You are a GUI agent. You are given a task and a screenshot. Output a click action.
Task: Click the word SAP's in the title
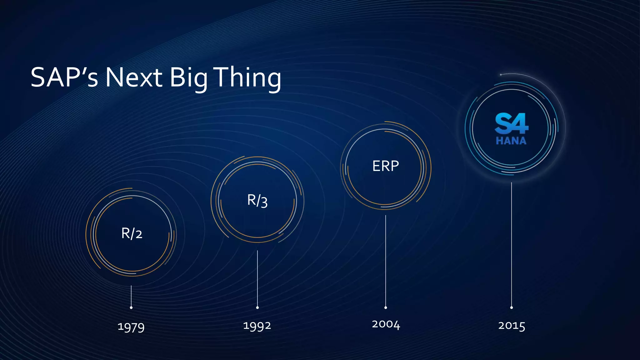click(x=64, y=77)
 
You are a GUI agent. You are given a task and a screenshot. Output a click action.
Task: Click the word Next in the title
click(x=133, y=77)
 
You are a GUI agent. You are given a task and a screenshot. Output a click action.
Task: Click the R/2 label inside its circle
click(x=132, y=233)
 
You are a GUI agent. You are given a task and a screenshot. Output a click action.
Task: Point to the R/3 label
click(x=257, y=200)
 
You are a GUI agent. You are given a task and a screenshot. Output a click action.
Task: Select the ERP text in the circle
click(x=385, y=166)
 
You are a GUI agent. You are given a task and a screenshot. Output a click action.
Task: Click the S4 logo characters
click(x=511, y=123)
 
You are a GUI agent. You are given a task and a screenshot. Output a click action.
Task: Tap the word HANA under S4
click(x=511, y=141)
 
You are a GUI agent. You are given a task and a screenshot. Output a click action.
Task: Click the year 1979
click(x=131, y=327)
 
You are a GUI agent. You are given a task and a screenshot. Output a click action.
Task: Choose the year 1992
click(x=257, y=326)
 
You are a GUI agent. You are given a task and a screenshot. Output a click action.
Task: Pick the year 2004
click(x=386, y=324)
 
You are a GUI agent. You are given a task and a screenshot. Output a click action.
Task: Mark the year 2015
click(x=511, y=326)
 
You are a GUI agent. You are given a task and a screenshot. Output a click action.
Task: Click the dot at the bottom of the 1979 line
click(x=131, y=307)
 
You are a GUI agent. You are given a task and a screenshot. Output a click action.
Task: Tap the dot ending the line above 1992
click(x=257, y=307)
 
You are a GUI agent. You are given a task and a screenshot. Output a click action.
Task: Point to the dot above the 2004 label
click(x=386, y=307)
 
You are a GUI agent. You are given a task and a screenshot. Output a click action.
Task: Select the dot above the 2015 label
click(x=511, y=307)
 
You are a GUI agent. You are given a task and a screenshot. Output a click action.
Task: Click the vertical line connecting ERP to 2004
click(x=386, y=259)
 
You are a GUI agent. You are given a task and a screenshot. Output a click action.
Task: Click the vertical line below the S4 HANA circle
click(x=511, y=244)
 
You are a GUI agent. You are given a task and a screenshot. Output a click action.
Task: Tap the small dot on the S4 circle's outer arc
click(x=501, y=75)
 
